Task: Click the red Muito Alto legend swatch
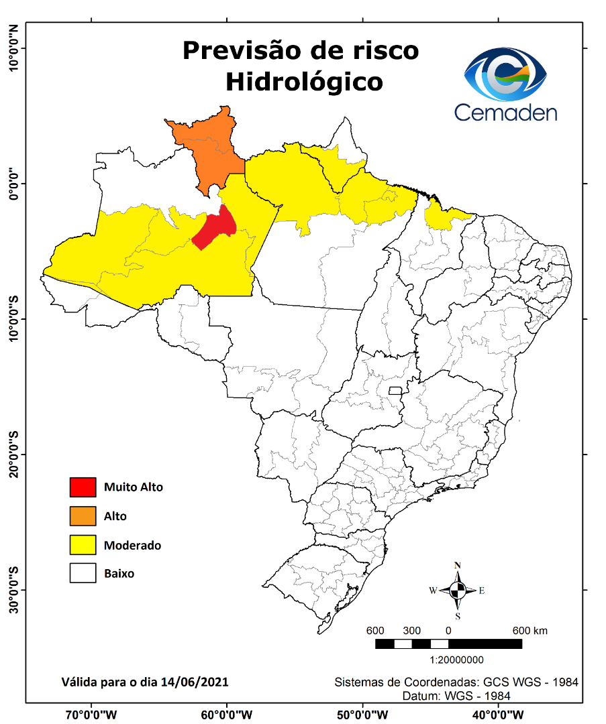coord(83,487)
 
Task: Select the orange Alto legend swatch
coord(83,516)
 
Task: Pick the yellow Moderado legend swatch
coord(83,545)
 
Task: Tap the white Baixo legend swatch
coord(83,574)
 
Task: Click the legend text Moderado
coord(132,546)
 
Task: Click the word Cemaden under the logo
coord(505,112)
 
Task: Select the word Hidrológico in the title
coord(304,82)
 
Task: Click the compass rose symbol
coord(458,591)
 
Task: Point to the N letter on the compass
coord(458,565)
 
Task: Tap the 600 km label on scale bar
coord(530,631)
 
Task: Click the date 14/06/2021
coord(195,682)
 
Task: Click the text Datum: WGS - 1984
coord(456,696)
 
